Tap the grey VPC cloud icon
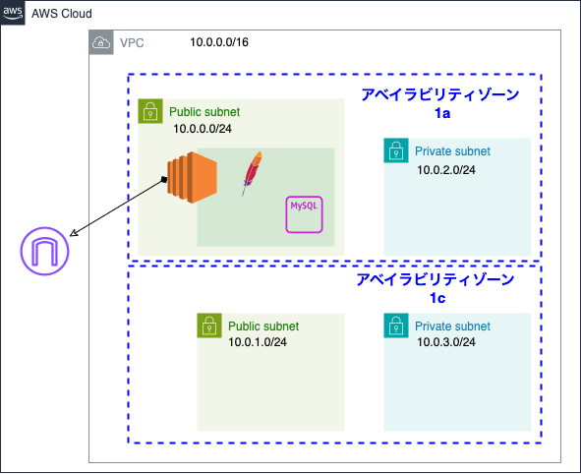point(101,42)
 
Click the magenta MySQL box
point(305,213)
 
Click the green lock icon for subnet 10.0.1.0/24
point(209,326)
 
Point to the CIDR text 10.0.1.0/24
point(258,342)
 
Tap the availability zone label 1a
point(442,114)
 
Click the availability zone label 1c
point(437,298)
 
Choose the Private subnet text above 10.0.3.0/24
point(452,326)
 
